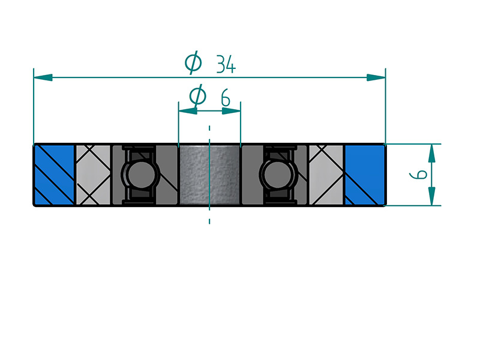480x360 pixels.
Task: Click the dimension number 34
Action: click(226, 64)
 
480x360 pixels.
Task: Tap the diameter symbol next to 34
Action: click(193, 63)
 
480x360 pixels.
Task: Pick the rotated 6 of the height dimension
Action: click(418, 175)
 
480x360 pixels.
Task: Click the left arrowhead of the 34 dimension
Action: click(43, 77)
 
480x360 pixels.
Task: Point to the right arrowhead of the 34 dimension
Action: click(376, 77)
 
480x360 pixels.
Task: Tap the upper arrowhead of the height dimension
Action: click(431, 153)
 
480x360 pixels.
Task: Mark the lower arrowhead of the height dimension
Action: click(431, 196)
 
